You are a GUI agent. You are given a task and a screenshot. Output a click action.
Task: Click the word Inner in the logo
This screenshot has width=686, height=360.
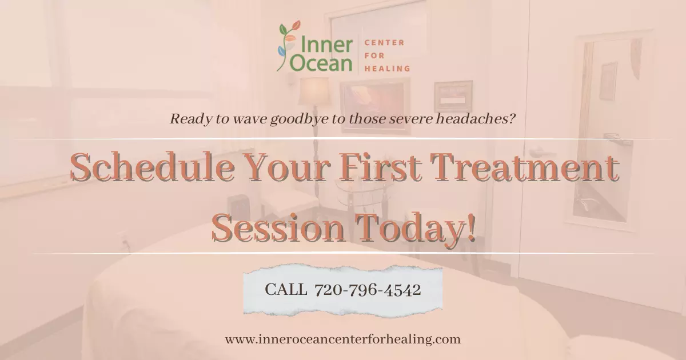click(x=327, y=45)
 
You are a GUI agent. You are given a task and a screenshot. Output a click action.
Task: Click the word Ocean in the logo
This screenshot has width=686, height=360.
click(x=321, y=63)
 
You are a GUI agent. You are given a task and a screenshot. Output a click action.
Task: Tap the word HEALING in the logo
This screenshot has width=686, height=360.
click(x=387, y=69)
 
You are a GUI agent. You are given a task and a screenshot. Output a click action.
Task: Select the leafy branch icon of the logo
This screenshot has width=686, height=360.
click(x=289, y=45)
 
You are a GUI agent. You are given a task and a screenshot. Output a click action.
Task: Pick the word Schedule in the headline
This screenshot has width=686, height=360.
click(x=152, y=167)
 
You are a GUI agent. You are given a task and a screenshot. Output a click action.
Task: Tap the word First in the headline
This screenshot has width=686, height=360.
click(x=380, y=167)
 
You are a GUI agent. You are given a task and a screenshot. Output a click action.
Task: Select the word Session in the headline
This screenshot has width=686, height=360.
click(x=278, y=228)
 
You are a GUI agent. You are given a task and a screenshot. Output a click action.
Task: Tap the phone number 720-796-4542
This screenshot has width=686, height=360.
click(x=368, y=290)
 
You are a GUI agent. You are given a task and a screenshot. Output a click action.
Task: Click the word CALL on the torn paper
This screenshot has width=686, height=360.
click(x=286, y=290)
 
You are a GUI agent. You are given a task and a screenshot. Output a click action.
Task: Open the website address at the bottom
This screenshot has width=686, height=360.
click(x=342, y=339)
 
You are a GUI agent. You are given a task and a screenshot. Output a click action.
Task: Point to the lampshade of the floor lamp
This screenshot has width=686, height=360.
click(x=314, y=91)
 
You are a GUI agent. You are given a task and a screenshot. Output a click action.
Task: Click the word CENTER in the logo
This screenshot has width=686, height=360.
click(x=384, y=42)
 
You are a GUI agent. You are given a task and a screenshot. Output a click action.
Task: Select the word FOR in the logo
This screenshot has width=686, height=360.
click(x=374, y=56)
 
